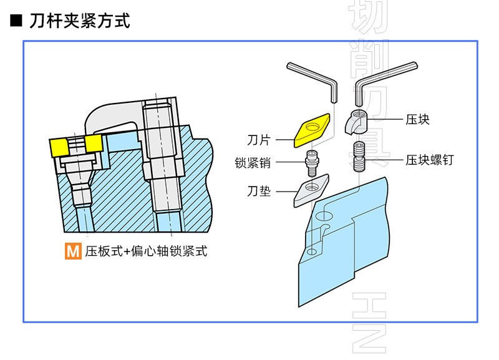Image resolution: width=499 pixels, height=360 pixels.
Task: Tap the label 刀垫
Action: pos(259,191)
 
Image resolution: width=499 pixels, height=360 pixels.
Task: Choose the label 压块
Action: pos(417,119)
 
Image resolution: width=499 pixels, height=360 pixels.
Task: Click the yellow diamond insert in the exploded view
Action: pos(311,130)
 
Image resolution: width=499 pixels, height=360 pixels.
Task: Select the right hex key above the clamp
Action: pos(374,78)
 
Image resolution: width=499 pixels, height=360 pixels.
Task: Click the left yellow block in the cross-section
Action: pos(60,147)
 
